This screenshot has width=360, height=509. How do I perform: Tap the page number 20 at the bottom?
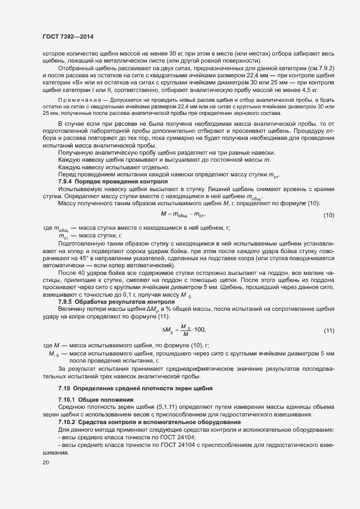45,463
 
